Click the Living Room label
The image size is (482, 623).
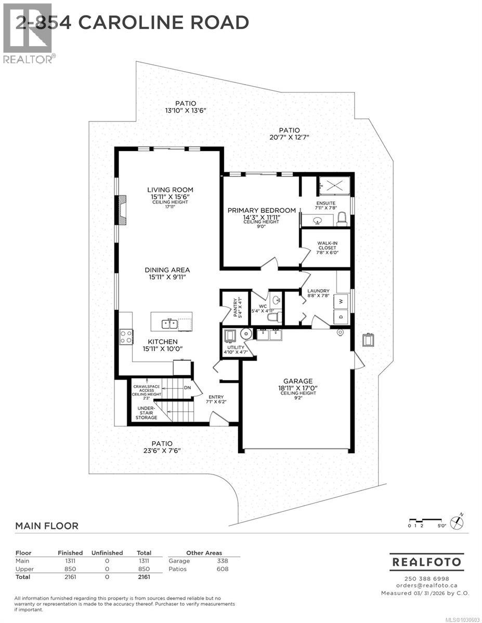pyautogui.click(x=170, y=189)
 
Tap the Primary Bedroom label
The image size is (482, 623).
pyautogui.click(x=262, y=210)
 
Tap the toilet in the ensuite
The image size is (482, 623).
pyautogui.click(x=342, y=222)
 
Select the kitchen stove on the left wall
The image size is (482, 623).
pyautogui.click(x=126, y=337)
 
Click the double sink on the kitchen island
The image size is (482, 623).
pyautogui.click(x=170, y=324)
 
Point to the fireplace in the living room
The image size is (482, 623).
pyautogui.click(x=122, y=210)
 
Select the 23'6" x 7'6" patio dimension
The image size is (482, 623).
pyautogui.click(x=162, y=451)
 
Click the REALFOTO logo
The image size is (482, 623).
pyautogui.click(x=426, y=562)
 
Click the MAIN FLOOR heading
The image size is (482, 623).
pyautogui.click(x=47, y=526)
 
